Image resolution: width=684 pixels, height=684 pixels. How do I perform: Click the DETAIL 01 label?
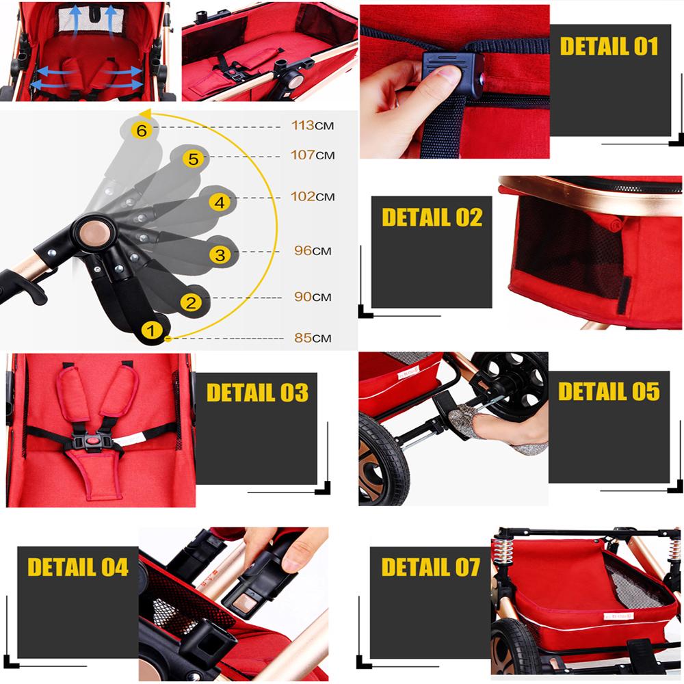click(x=609, y=47)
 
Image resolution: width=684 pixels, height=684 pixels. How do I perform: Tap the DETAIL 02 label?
click(x=432, y=218)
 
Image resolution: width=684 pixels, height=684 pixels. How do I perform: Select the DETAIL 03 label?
click(x=257, y=393)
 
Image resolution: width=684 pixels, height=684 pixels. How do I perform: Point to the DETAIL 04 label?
click(x=78, y=567)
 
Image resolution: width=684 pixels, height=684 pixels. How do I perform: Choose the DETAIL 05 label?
click(x=609, y=391)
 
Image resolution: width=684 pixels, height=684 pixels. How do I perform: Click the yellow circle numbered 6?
click(x=142, y=130)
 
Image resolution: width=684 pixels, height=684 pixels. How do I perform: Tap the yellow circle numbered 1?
click(x=152, y=331)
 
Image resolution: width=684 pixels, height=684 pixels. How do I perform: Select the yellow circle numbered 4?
click(x=219, y=202)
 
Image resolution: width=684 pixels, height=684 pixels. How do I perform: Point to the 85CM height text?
click(x=311, y=338)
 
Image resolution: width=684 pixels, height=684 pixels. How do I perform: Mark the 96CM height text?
click(x=312, y=251)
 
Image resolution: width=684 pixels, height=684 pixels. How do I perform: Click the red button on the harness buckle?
click(x=91, y=442)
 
